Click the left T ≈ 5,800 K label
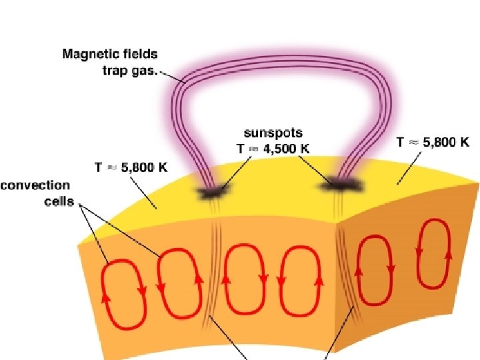pyautogui.click(x=130, y=168)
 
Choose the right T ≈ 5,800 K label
pyautogui.click(x=433, y=142)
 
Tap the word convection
pyautogui.click(x=35, y=185)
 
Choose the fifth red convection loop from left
pyautogui.click(x=376, y=266)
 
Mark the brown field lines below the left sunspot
pyautogui.click(x=215, y=267)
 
